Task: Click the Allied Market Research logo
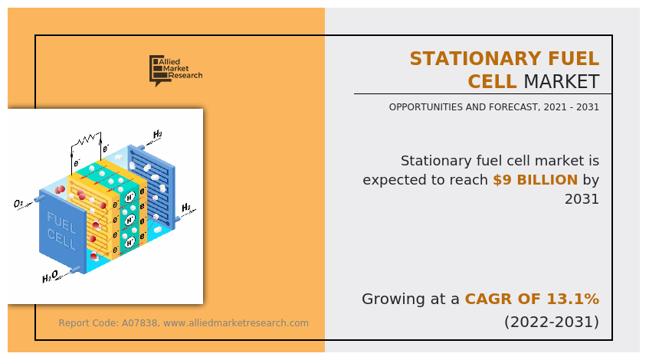tap(176, 70)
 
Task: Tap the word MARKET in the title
tap(561, 81)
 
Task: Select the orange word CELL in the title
tap(492, 81)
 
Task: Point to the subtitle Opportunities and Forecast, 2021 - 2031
tap(493, 107)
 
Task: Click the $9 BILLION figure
tap(535, 180)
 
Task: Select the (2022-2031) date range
tap(552, 322)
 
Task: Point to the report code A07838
tap(139, 322)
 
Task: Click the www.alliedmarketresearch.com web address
tap(236, 322)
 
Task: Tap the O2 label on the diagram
tap(18, 204)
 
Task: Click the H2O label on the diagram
tap(50, 277)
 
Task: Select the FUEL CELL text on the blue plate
tap(61, 231)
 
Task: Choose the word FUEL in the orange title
tap(574, 59)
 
